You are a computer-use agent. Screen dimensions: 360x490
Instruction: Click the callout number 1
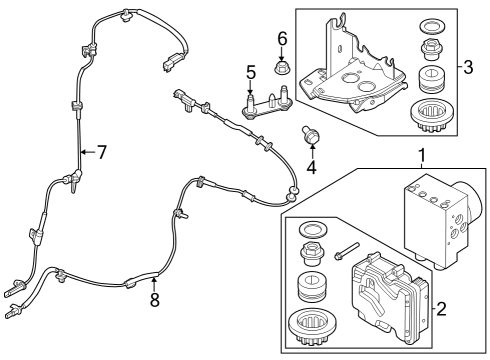tap(421, 156)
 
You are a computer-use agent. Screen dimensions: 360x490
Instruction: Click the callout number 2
tap(440, 307)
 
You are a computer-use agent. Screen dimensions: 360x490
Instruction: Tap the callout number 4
tap(311, 166)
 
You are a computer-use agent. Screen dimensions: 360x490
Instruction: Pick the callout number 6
tap(282, 39)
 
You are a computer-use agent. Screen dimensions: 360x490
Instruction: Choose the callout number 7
tap(100, 152)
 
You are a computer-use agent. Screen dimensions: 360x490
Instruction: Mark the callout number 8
tap(154, 299)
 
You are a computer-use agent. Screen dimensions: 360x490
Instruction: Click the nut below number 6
tap(282, 69)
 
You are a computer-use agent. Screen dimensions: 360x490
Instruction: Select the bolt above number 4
tap(310, 132)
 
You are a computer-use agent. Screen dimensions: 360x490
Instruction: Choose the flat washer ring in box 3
tap(434, 26)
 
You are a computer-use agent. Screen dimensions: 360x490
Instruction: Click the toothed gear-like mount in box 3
tap(434, 114)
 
